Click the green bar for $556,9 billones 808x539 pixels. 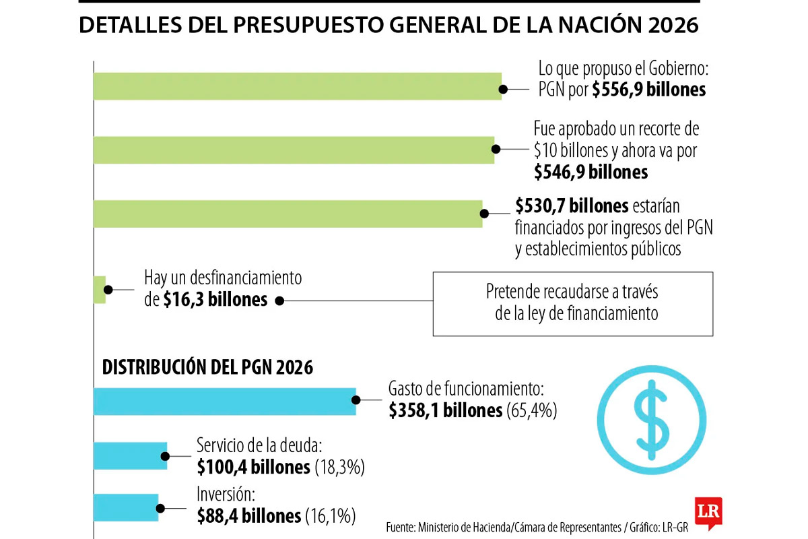[296, 86]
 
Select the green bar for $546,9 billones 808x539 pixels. [293, 150]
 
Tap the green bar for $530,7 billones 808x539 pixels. [288, 214]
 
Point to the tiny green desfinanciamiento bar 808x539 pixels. [100, 289]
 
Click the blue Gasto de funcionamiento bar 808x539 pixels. [224, 402]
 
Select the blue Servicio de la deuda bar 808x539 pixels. [130, 455]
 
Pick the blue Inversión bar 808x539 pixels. [126, 507]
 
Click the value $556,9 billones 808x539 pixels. [648, 90]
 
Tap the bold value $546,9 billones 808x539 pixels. [591, 172]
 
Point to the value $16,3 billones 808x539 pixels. [215, 300]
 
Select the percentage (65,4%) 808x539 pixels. [532, 410]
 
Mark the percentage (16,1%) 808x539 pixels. [330, 516]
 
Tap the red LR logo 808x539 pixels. [708, 512]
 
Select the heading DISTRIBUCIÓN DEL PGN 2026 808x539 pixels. [207, 367]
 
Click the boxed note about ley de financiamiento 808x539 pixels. [572, 303]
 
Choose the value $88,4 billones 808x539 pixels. [249, 516]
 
